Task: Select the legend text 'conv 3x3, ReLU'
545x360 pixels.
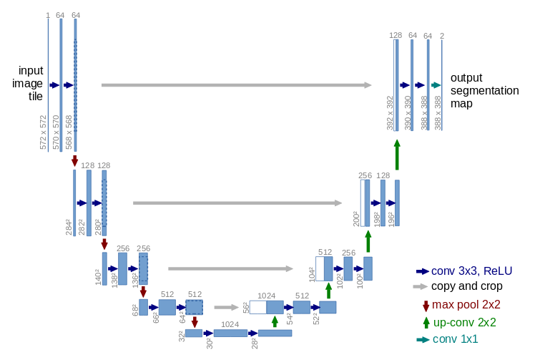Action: (471, 271)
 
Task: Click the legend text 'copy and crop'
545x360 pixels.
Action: (466, 286)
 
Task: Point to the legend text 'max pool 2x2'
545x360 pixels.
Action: (466, 305)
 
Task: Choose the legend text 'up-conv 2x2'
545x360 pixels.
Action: (465, 322)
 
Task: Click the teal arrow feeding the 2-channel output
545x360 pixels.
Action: (436, 85)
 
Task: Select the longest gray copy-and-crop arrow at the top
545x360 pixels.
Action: (236, 85)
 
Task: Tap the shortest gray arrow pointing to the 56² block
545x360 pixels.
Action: (226, 307)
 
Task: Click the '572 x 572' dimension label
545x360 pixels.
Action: (43, 132)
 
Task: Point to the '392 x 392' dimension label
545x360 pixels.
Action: (390, 113)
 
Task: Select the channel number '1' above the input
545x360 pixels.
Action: (48, 15)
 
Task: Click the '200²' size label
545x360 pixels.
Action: (356, 218)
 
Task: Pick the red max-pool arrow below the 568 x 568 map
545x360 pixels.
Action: (74, 162)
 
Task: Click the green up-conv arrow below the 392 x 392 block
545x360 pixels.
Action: (397, 154)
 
